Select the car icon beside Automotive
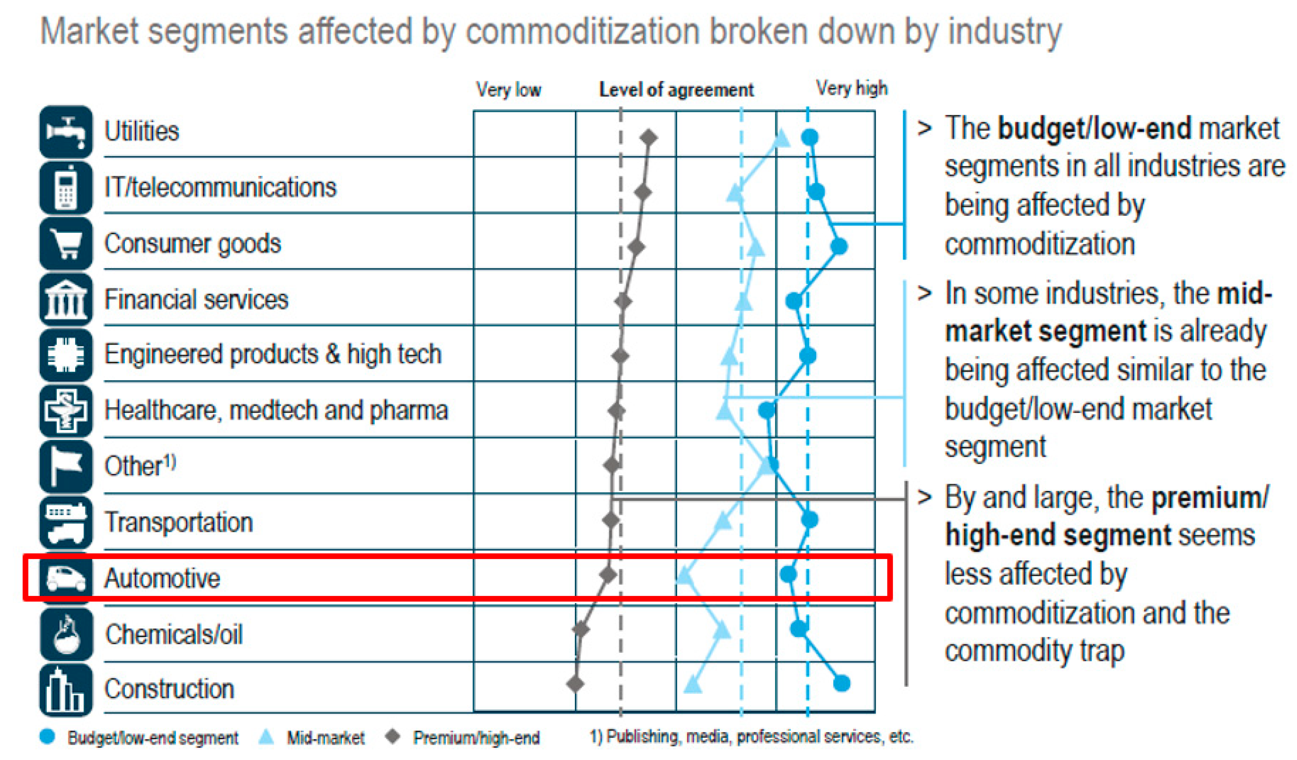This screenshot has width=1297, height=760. point(66,578)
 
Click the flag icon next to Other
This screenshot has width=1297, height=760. point(66,466)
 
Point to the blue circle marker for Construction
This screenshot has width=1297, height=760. point(841,683)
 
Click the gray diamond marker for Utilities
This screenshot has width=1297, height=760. point(649,137)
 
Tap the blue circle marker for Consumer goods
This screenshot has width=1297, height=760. point(839,246)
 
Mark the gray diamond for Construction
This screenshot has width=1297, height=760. point(575,684)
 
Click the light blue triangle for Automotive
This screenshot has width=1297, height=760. point(684,575)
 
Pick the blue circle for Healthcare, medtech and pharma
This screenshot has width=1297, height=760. point(767,410)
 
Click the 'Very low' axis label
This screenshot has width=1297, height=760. point(508,89)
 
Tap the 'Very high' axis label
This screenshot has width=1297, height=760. point(852,89)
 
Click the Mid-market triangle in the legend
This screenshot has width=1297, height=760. point(266,737)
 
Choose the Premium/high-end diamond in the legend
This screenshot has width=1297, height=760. point(393,736)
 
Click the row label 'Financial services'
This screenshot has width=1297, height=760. point(196,299)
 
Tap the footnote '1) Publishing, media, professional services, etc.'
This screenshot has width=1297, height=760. point(751,736)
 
